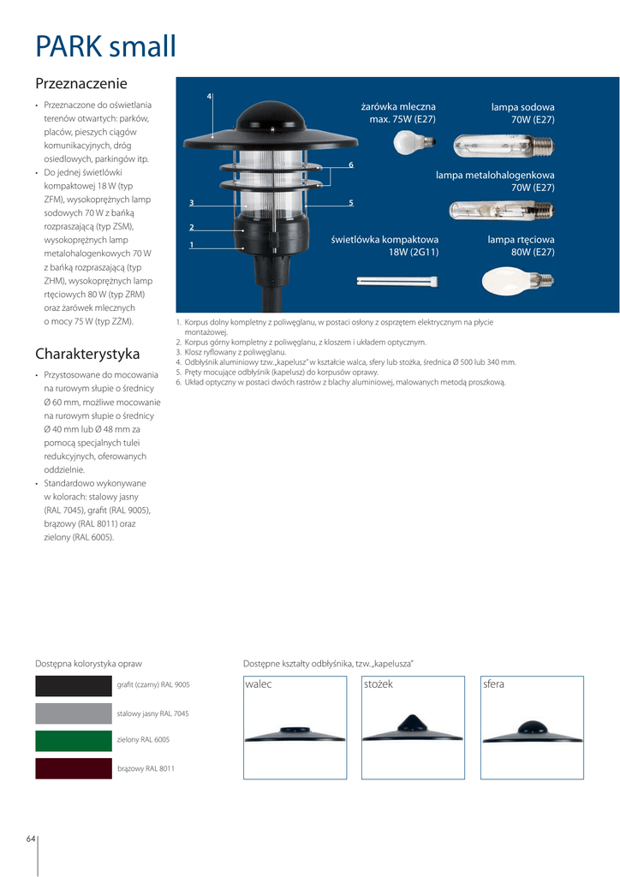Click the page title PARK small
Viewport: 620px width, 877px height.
[105, 46]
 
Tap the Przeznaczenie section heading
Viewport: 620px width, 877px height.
[80, 84]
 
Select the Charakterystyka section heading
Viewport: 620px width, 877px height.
[87, 354]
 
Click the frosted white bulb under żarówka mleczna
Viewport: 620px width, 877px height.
[408, 143]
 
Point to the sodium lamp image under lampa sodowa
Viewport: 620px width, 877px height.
[502, 146]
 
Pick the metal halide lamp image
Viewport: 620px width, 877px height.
[501, 211]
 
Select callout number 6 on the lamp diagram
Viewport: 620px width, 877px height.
[351, 163]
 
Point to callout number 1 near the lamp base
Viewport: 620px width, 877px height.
[191, 245]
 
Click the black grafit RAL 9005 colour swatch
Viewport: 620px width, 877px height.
[74, 685]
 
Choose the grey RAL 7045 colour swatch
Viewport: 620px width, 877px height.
[74, 713]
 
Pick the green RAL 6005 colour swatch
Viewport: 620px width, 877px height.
[74, 741]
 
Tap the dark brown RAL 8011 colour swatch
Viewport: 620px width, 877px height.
[74, 768]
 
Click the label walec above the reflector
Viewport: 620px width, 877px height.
[258, 684]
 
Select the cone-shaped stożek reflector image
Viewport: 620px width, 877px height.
[413, 731]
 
